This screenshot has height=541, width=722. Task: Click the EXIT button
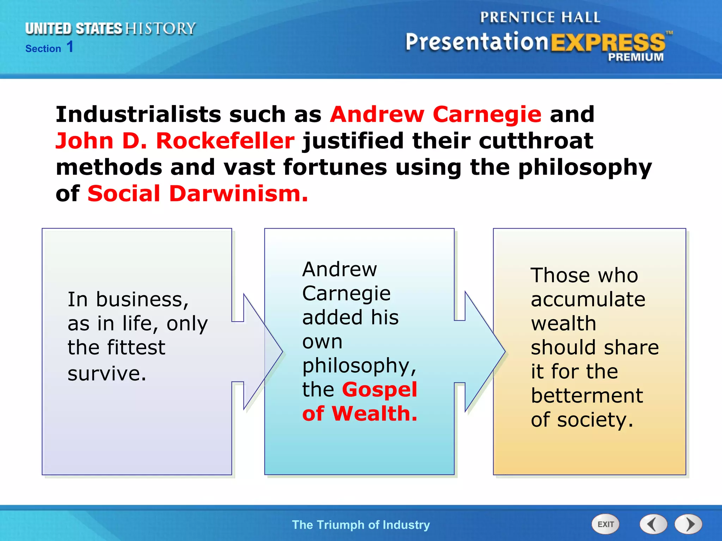pos(605,524)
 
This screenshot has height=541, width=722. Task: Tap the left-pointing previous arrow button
pos(653,524)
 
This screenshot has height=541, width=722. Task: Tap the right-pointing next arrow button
pos(689,524)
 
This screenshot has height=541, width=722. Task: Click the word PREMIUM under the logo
pos(636,57)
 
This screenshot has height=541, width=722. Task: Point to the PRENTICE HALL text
pos(540,17)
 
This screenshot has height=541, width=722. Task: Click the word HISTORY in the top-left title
pos(160,29)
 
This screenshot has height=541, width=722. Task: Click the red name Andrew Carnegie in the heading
pos(435,114)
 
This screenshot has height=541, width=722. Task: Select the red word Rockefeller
pos(225,141)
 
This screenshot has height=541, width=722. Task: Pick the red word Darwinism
pos(238,193)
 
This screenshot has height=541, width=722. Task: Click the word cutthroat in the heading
pos(536,141)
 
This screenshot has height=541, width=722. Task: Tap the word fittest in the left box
pos(136,347)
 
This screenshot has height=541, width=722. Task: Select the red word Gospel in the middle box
pos(379,389)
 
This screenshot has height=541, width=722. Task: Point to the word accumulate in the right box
pos(588,299)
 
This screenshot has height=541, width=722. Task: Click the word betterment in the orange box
pos(587,396)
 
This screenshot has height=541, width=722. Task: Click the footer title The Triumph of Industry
pos(361,524)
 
